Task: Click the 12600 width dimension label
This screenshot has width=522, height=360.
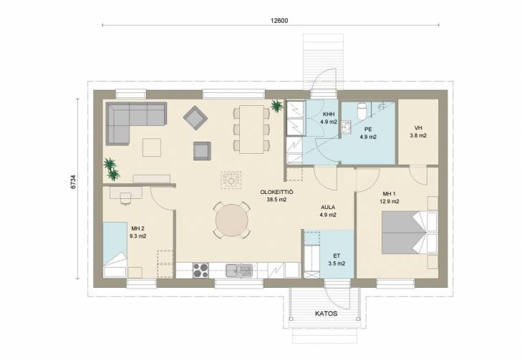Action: click(279, 21)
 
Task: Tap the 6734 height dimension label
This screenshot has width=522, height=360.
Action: click(73, 182)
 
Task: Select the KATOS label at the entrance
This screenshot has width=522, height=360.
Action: click(327, 313)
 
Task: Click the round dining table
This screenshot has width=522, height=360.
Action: click(232, 220)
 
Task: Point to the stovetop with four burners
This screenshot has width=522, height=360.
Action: click(200, 270)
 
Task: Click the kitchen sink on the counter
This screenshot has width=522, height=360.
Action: click(239, 271)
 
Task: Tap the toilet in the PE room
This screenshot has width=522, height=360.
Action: click(361, 111)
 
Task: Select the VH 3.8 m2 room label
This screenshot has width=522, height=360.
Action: click(418, 132)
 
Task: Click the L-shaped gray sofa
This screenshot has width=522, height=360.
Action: click(136, 123)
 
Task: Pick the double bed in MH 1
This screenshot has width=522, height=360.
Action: click(410, 233)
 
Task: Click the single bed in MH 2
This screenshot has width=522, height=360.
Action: click(115, 250)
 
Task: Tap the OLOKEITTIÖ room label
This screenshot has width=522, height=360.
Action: click(276, 193)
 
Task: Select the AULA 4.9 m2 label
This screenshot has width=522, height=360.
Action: click(328, 211)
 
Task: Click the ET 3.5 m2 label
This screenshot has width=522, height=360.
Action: click(337, 260)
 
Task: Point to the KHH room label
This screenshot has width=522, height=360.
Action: click(329, 114)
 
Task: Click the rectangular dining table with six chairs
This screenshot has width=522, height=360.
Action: click(251, 129)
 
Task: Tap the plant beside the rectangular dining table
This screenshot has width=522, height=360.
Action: click(276, 106)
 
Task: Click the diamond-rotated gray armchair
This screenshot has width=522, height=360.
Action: click(195, 117)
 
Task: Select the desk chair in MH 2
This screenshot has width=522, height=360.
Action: click(126, 198)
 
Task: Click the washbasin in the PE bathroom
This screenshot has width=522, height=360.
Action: click(346, 127)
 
